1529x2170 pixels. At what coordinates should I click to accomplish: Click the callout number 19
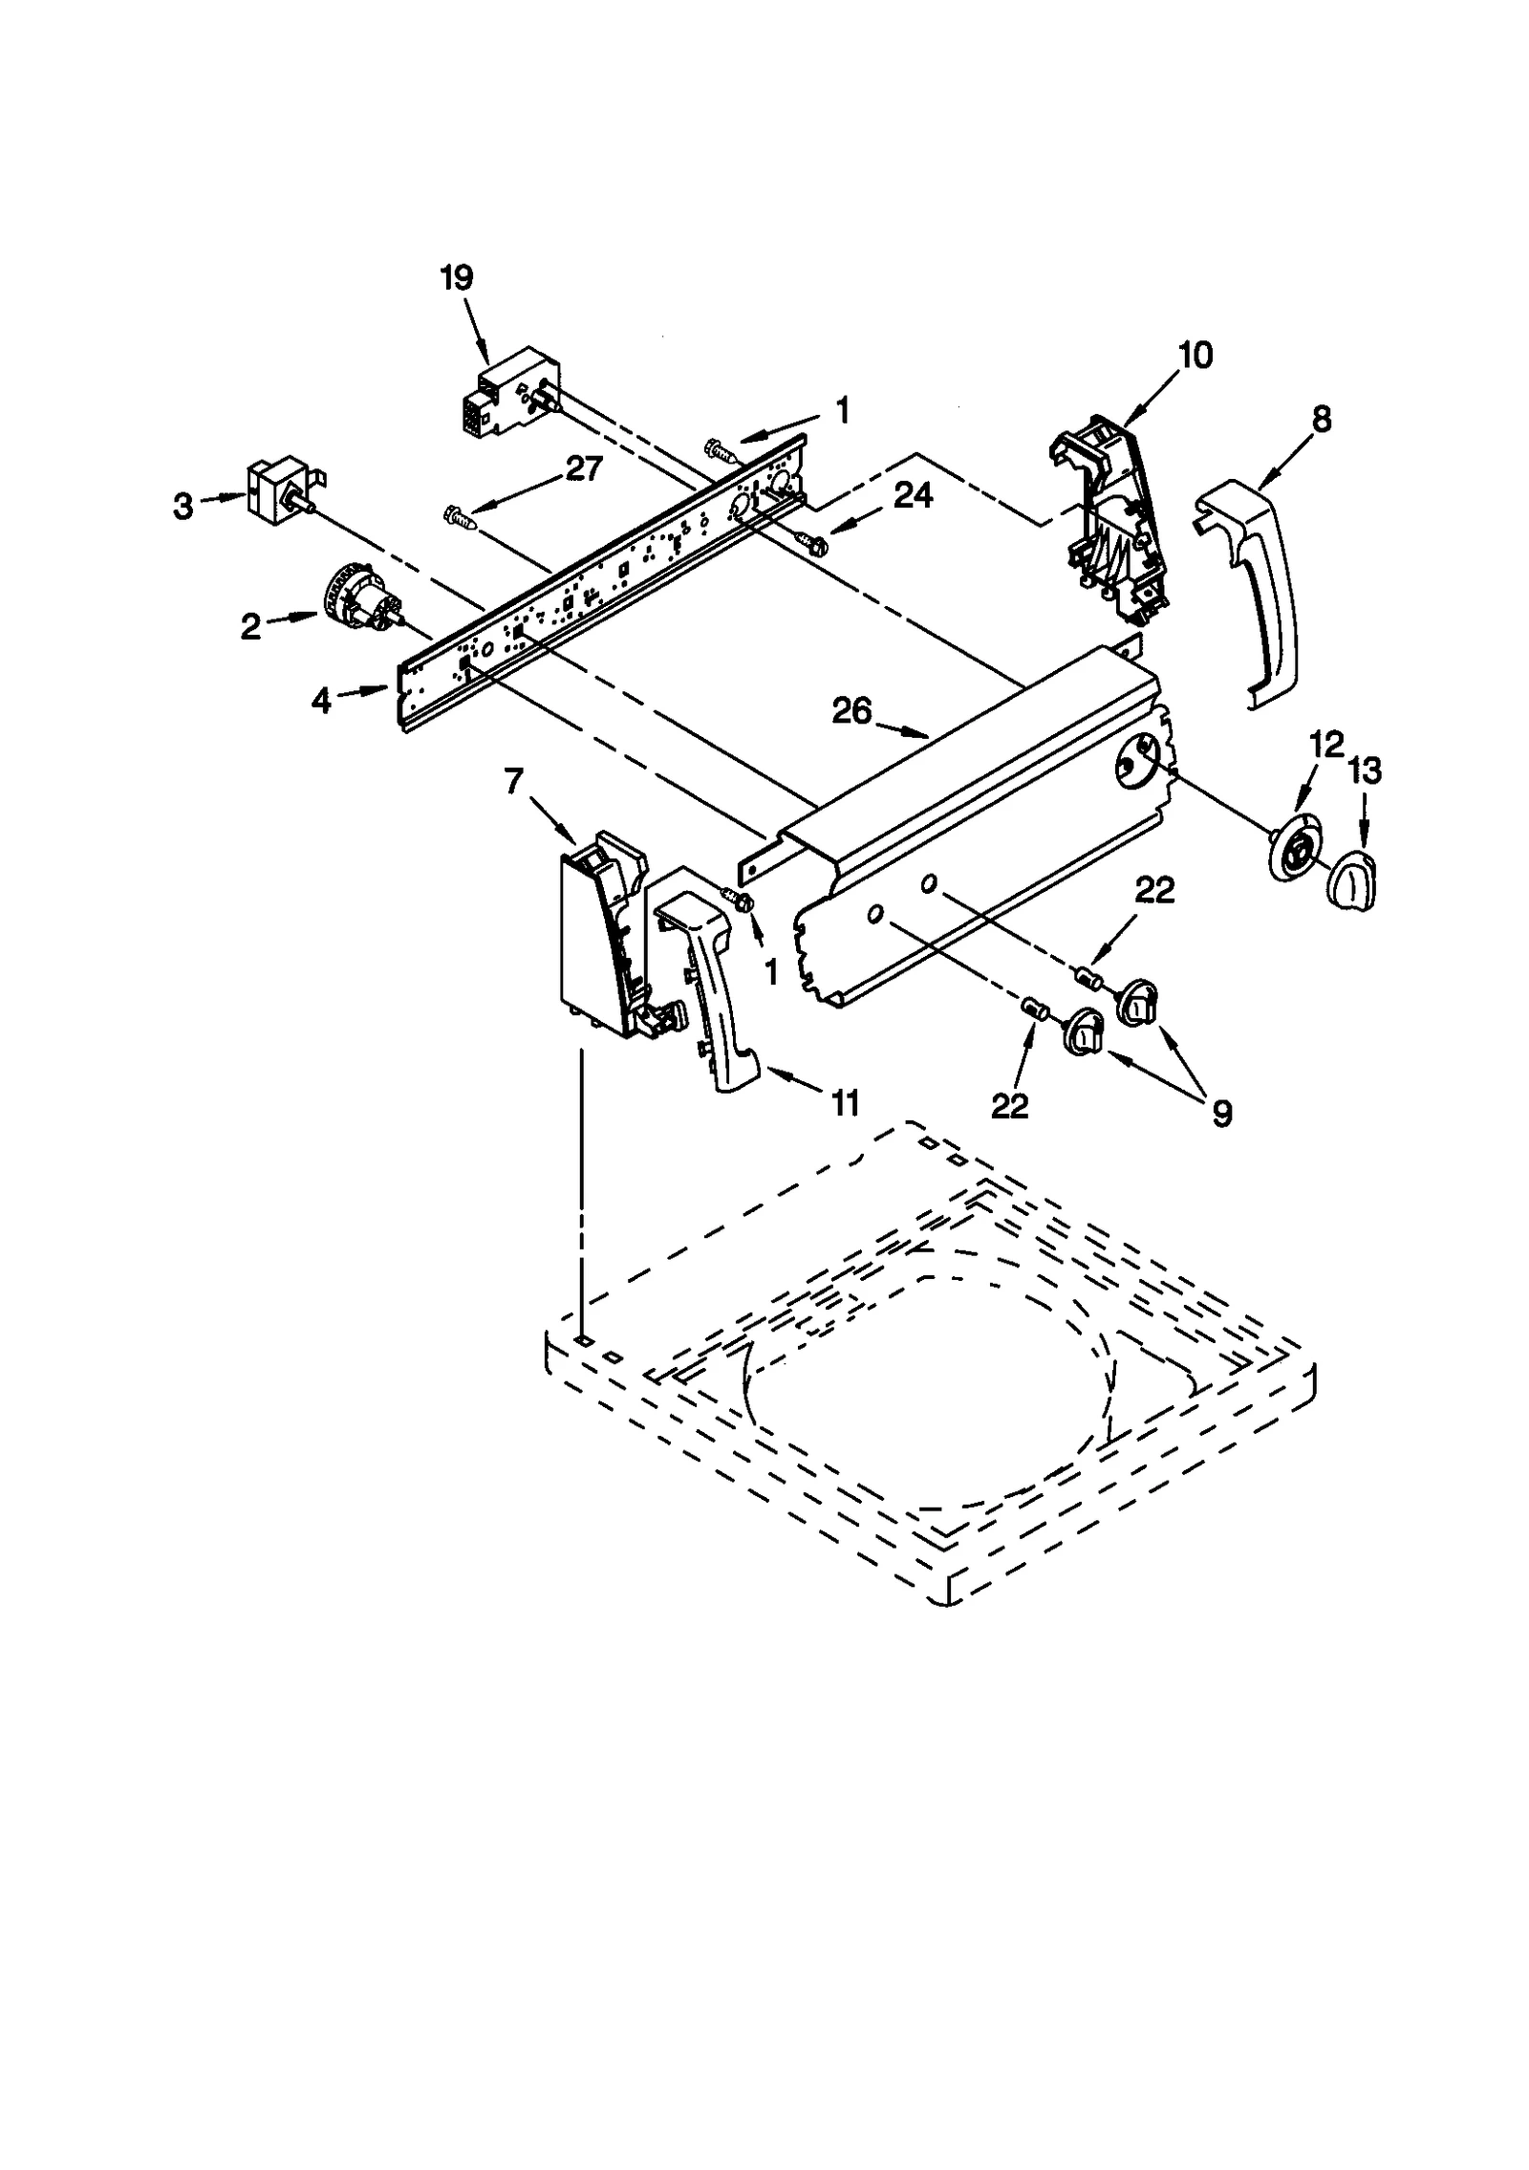click(x=457, y=278)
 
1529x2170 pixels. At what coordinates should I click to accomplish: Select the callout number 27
click(x=584, y=468)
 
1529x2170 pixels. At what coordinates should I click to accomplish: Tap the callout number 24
click(x=914, y=494)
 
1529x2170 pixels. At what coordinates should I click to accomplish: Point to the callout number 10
click(x=1195, y=356)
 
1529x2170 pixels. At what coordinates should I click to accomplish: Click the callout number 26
click(x=851, y=711)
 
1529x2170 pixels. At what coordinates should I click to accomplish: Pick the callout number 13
click(x=1365, y=770)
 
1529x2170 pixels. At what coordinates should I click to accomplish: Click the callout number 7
click(x=513, y=782)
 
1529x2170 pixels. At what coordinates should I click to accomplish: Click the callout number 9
click(x=1221, y=1113)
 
